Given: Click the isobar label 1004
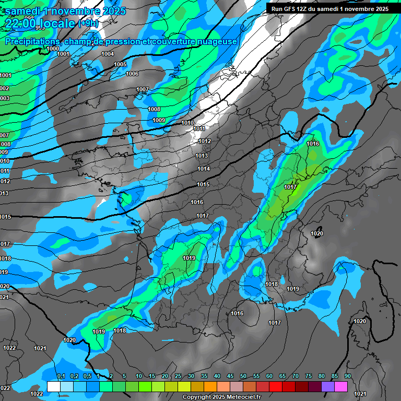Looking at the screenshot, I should pyautogui.click(x=108, y=54).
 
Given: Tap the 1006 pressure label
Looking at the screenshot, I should pyautogui.click(x=132, y=74).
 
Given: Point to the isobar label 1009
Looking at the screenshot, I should pyautogui.click(x=159, y=120).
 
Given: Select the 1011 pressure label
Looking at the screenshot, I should pyautogui.click(x=199, y=128).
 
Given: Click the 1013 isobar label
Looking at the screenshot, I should pyautogui.click(x=202, y=156).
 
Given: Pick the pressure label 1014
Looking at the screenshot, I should pyautogui.click(x=204, y=169).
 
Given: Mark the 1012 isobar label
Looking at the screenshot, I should pyautogui.click(x=205, y=141).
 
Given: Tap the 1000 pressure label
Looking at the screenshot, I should pyautogui.click(x=53, y=49).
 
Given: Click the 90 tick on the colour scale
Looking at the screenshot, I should pyautogui.click(x=347, y=376).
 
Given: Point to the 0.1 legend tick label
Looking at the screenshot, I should pyautogui.click(x=61, y=376).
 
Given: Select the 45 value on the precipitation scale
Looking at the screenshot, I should pyautogui.click(x=230, y=376).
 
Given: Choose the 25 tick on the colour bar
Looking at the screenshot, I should pyautogui.click(x=178, y=376).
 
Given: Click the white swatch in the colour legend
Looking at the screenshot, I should pyautogui.click(x=53, y=386).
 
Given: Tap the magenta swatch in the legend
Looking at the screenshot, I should pyautogui.click(x=340, y=386).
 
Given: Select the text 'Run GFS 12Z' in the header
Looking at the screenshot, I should pyautogui.click(x=289, y=9).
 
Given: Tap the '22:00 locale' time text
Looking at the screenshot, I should pyautogui.click(x=40, y=23).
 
